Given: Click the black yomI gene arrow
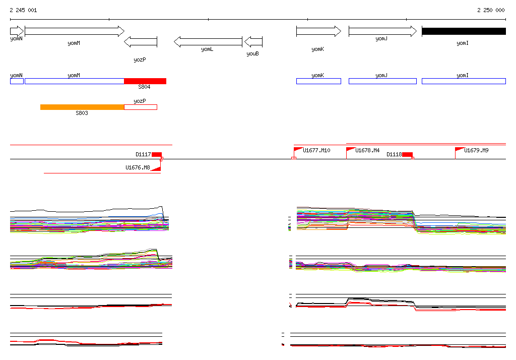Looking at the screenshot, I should point(464,31).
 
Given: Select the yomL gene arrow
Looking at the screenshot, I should point(208,42).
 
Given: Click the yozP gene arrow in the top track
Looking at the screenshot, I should point(141,42).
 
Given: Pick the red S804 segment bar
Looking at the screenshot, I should point(145,81).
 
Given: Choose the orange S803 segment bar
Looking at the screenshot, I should point(82,107).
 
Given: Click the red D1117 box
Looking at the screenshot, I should point(157,154).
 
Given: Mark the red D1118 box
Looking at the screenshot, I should point(407,154).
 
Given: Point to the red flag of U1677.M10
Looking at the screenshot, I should point(298,150).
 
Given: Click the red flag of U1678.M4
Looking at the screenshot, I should point(350,150).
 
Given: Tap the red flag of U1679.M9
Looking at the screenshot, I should point(459,150).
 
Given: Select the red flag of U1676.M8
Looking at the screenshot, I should point(156,168).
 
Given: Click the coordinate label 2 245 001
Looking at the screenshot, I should point(23,10).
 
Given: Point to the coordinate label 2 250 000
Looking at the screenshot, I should point(491,10).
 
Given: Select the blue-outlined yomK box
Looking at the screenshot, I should point(318,81).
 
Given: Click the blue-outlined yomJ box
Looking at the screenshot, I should point(382,81).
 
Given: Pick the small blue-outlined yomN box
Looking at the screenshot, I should point(17,81).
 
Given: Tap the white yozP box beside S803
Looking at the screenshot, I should point(141,107).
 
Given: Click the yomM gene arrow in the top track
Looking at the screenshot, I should point(74,31).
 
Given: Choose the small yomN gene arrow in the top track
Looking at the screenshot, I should point(17,31).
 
